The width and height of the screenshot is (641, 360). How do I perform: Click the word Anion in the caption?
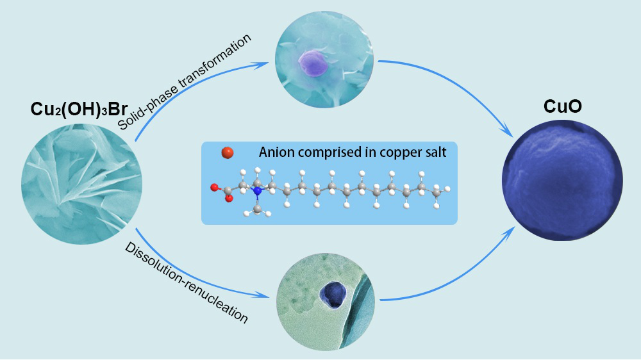pyautogui.click(x=276, y=153)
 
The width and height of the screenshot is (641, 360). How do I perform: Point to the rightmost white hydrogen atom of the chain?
pyautogui.click(x=447, y=188)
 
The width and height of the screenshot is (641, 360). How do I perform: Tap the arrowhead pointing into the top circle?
pyautogui.click(x=264, y=63)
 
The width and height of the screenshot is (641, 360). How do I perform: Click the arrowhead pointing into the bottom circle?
pyautogui.click(x=264, y=296)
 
